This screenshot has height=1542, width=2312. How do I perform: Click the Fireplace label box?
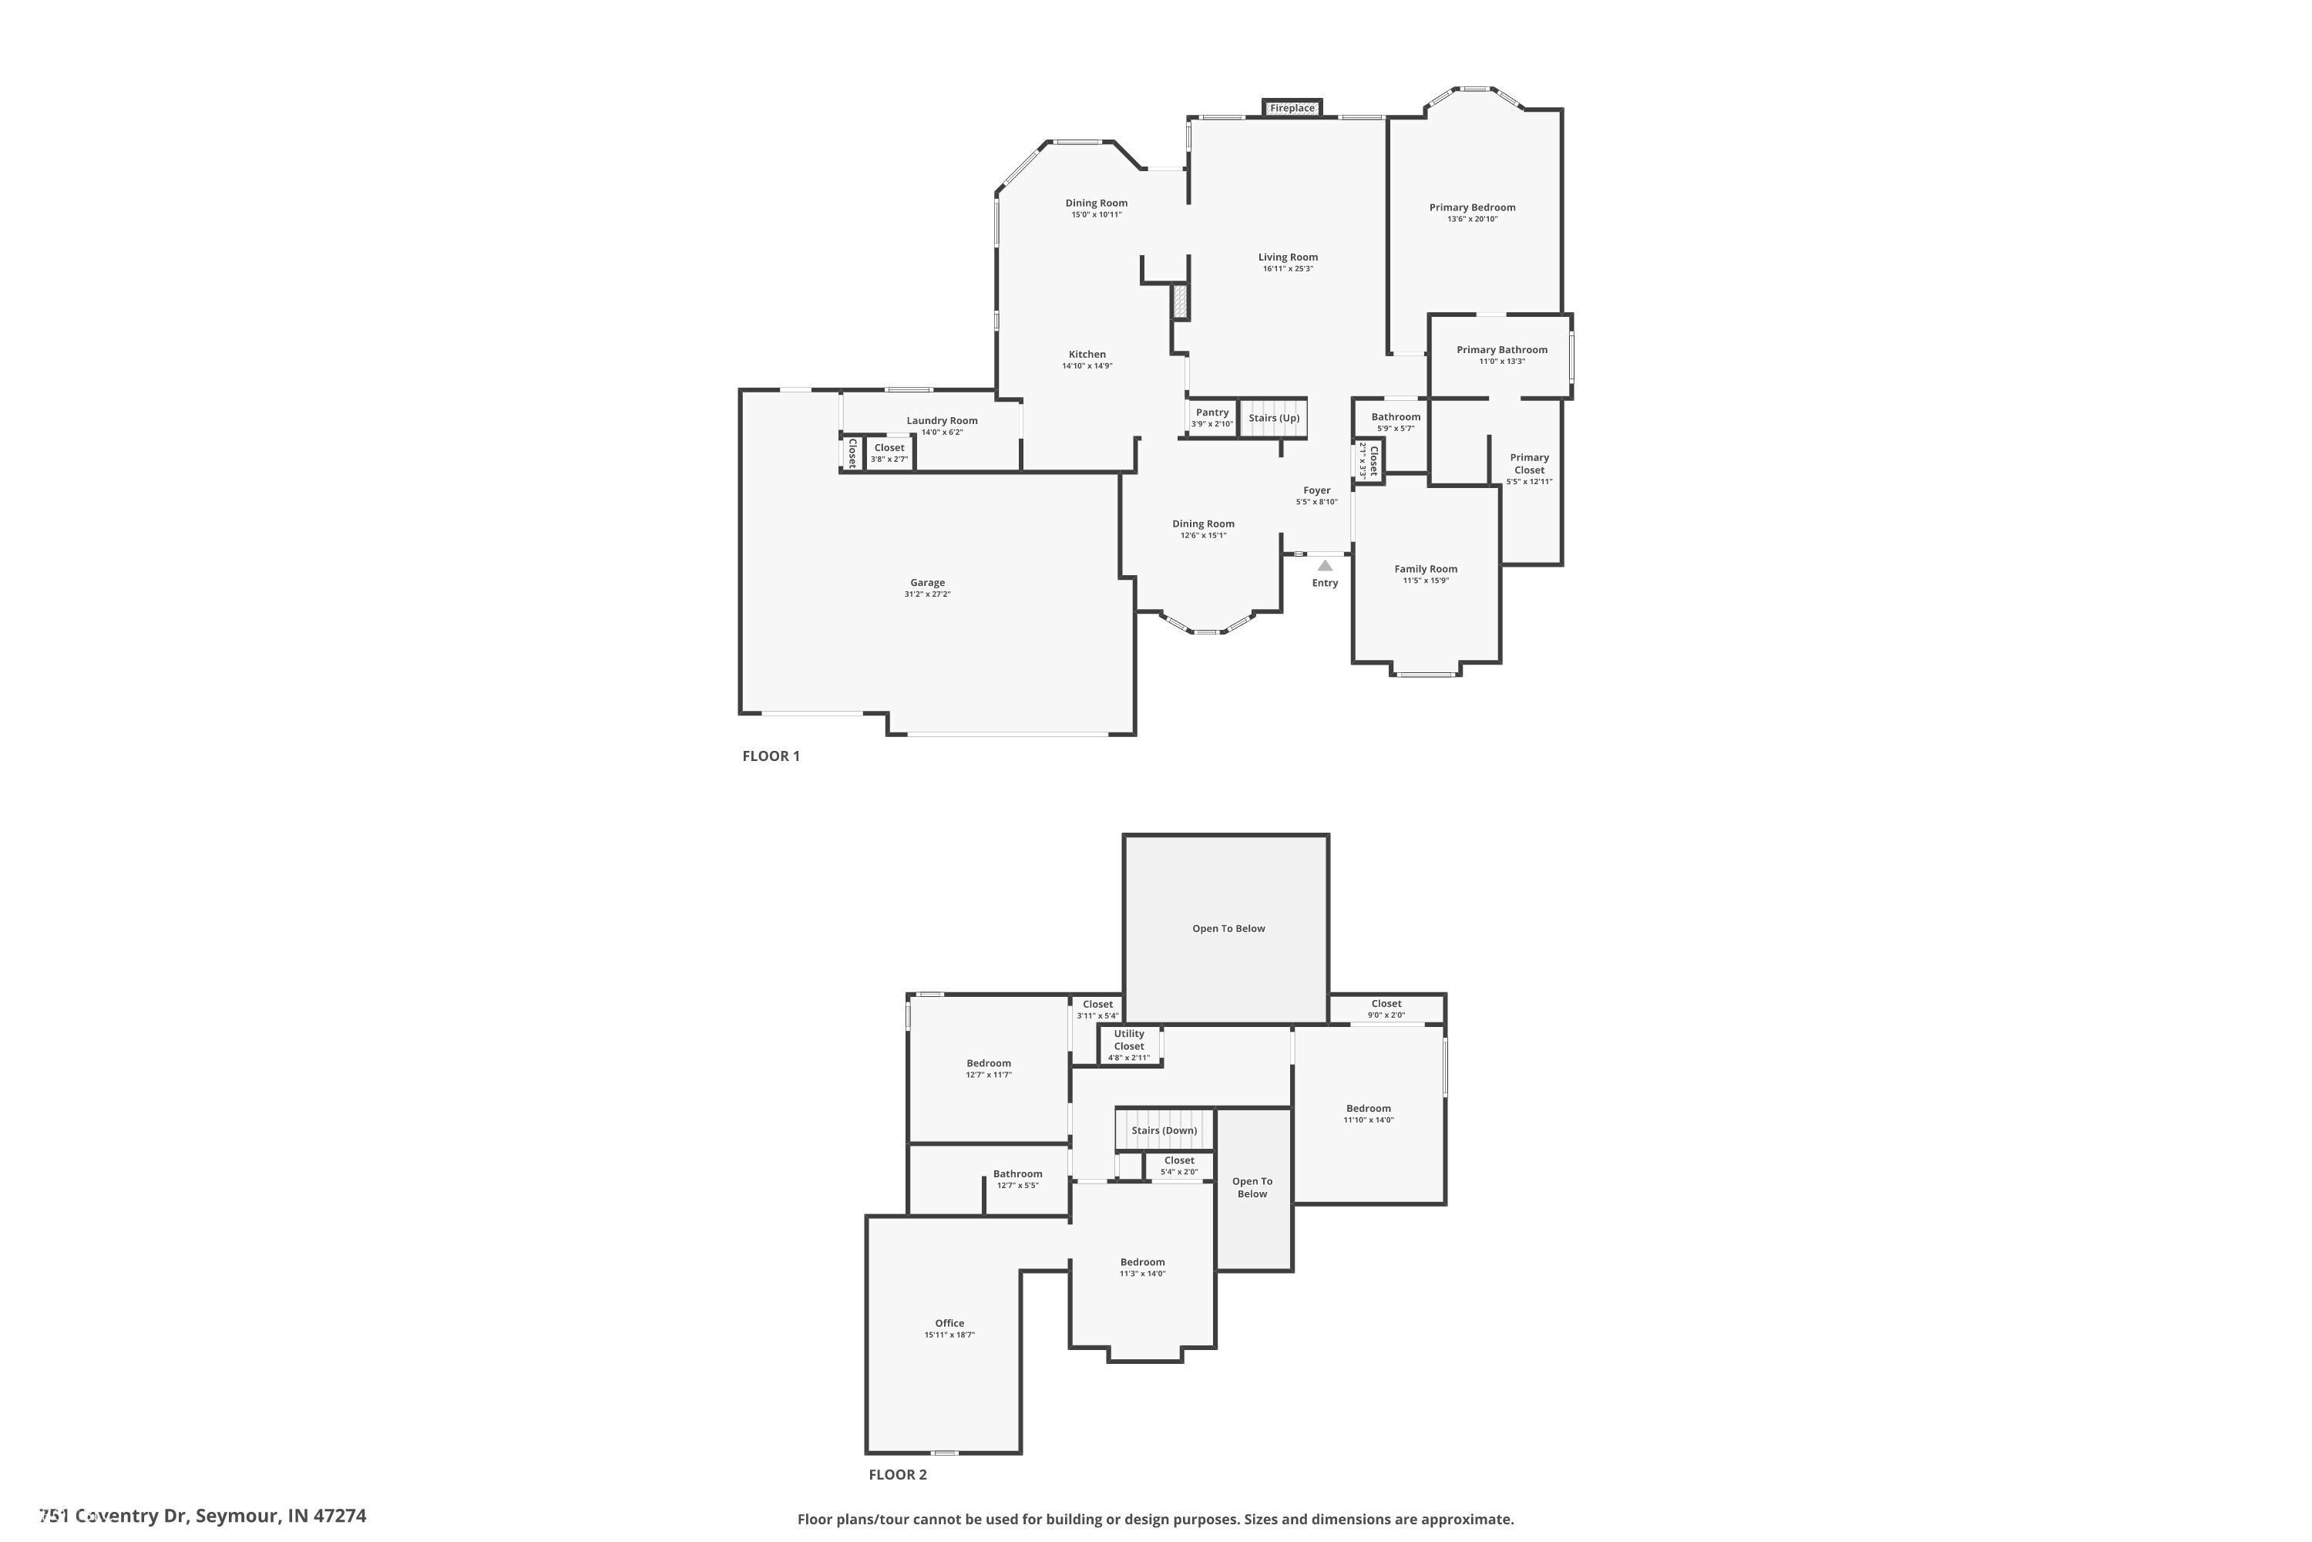tap(1292, 108)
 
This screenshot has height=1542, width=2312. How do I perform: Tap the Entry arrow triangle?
tap(1325, 565)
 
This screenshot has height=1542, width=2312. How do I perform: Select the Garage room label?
tap(927, 582)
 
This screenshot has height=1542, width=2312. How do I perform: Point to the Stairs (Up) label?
tap(1274, 418)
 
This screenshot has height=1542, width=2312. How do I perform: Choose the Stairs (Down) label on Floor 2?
tap(1164, 1131)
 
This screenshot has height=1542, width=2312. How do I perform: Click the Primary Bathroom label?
tap(1502, 350)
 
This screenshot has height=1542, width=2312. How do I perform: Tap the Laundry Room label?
tap(942, 421)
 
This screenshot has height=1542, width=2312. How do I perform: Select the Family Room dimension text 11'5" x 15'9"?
tap(1425, 581)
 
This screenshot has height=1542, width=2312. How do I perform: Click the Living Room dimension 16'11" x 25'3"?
tap(1288, 268)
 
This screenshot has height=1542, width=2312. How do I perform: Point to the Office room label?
tap(949, 1324)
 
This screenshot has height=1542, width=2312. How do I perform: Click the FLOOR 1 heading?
tap(771, 756)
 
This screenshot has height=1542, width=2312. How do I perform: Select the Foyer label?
tap(1317, 490)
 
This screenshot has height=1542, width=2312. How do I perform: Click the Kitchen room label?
tap(1087, 355)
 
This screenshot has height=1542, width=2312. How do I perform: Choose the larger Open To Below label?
tap(1228, 928)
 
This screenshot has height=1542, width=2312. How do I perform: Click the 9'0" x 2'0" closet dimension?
tap(1386, 1015)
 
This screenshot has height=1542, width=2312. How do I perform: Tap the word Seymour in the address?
tap(237, 1516)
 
